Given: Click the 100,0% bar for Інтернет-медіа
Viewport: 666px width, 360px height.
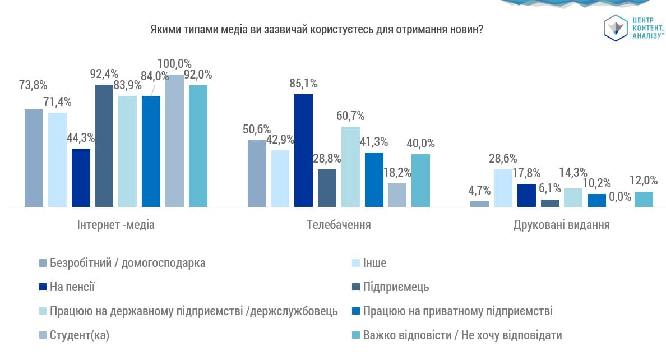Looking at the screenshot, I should tap(174, 141).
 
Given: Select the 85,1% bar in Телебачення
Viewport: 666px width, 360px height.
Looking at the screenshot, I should tap(303, 150).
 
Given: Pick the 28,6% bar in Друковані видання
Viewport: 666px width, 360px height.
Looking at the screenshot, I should tap(503, 188).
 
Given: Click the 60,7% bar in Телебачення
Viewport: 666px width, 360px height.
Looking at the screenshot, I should tap(350, 167).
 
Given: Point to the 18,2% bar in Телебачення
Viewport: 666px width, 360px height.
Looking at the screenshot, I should tap(397, 195).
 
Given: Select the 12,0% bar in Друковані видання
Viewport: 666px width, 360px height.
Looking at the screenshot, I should tap(644, 199).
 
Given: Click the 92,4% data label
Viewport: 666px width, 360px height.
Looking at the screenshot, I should tap(104, 73).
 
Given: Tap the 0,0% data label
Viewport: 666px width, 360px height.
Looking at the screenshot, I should tap(620, 197).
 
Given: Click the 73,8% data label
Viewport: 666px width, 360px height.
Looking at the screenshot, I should tap(33, 86).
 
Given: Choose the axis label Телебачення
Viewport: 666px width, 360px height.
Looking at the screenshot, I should tap(339, 225).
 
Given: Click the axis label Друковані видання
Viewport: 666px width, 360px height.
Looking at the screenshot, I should tap(561, 225).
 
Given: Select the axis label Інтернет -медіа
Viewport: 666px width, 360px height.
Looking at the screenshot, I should tap(116, 225).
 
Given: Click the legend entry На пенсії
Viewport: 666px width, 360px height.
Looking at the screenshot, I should tap(72, 287).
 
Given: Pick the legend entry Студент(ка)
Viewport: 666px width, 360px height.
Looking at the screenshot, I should tap(79, 335).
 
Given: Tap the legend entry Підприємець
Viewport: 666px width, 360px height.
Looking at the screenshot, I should tap(396, 287).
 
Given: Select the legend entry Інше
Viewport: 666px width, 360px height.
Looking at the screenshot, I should tap(374, 263).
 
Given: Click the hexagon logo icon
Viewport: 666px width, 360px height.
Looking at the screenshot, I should tap(615, 27).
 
